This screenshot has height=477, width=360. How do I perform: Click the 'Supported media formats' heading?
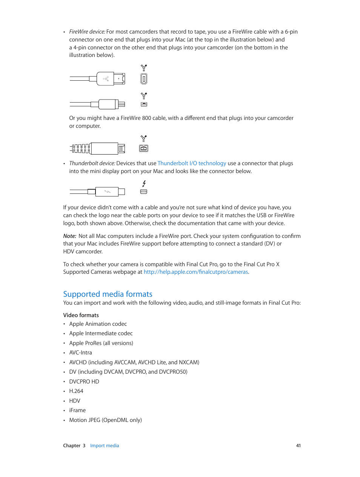click(108, 294)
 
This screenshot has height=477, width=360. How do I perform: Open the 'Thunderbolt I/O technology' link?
click(192, 163)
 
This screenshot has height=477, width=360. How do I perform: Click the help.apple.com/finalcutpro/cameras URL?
click(195, 272)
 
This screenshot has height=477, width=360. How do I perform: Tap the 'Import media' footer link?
click(105, 445)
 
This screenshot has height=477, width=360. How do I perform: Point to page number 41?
click(298, 445)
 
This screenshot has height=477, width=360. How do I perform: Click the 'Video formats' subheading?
click(81, 315)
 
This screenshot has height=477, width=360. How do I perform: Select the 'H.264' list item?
click(76, 391)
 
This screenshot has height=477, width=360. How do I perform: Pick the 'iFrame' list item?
click(77, 410)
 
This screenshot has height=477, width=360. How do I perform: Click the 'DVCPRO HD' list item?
click(84, 382)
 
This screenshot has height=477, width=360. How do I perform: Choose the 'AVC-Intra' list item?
click(80, 353)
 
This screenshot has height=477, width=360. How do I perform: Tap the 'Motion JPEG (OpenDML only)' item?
click(105, 420)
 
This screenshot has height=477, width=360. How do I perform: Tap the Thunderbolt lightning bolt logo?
click(144, 184)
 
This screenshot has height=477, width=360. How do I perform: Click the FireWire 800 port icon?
click(143, 149)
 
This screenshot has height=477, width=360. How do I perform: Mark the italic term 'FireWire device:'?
click(87, 32)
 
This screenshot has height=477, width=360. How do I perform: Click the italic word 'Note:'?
click(69, 236)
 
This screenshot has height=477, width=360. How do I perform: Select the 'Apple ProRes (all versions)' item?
click(101, 343)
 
